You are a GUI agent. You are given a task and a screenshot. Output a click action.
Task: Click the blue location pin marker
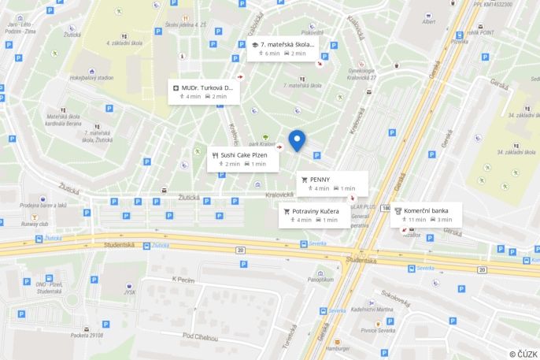(297, 140)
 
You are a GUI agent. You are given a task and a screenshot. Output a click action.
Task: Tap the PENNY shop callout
(332, 183)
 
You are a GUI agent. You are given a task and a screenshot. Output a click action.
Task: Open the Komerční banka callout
(426, 214)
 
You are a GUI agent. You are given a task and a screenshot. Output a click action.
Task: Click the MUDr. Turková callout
(202, 91)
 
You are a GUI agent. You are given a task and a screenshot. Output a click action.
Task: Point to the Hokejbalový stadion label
(91, 78)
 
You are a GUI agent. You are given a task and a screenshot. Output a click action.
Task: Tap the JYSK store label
(129, 291)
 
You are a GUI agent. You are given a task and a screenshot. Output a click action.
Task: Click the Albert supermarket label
(428, 21)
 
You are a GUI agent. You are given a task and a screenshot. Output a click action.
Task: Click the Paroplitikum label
(320, 279)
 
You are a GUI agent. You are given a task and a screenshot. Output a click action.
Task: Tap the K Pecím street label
(183, 279)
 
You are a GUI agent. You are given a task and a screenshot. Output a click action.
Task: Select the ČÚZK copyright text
(523, 354)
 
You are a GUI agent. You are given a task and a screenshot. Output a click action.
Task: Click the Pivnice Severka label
(378, 330)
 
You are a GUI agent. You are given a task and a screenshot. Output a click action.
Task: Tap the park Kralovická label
(261, 144)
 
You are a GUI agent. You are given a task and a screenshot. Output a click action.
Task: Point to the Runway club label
(35, 224)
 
